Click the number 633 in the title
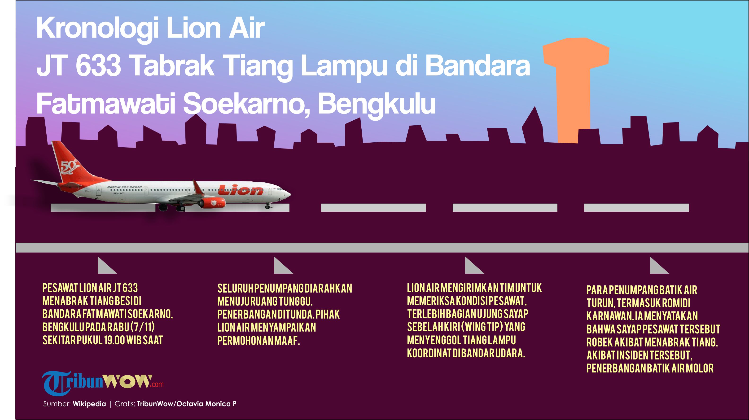coord(98,66)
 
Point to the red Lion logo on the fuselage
coord(241,190)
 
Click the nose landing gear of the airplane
coord(268,206)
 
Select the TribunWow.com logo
coord(103,383)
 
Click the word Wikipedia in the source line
coord(89,404)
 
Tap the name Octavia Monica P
coord(206,404)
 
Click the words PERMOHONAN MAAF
coord(258,341)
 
